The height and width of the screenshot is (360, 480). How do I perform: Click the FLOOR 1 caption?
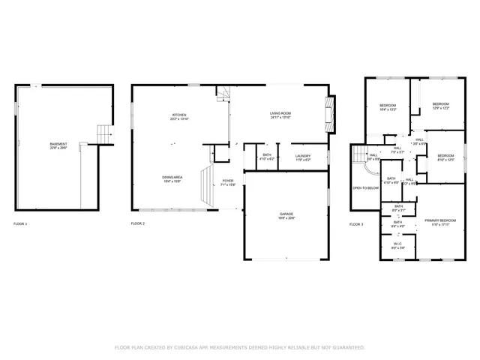(x=20, y=224)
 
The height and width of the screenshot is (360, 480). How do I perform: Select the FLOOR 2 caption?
(x=138, y=224)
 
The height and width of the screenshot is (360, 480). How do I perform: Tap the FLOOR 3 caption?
(x=356, y=224)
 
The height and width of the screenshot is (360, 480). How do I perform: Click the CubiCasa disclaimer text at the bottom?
(x=239, y=347)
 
